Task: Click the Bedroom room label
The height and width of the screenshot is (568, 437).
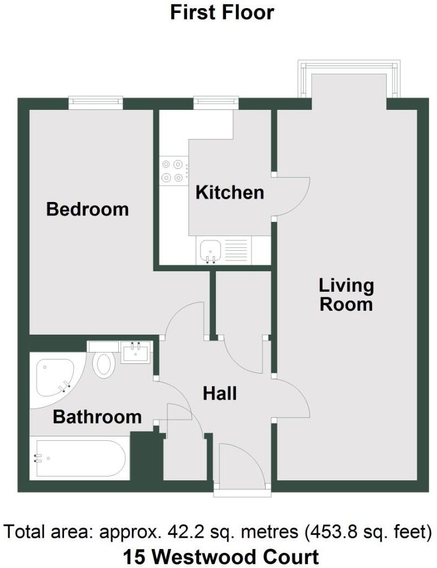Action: (x=87, y=209)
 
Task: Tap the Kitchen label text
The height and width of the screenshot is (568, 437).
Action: (x=229, y=192)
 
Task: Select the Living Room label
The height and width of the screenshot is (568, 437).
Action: (x=346, y=295)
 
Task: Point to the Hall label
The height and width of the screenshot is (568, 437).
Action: (x=220, y=393)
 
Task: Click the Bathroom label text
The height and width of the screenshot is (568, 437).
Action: (x=97, y=417)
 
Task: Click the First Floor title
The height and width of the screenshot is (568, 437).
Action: (x=222, y=12)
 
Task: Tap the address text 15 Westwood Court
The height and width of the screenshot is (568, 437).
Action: (x=221, y=556)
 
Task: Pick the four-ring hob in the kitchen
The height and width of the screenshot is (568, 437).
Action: (x=173, y=170)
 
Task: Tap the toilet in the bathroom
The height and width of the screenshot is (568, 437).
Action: (x=102, y=364)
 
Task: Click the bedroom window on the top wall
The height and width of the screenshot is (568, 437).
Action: (x=95, y=102)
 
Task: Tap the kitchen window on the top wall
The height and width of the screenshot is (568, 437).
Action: (x=216, y=102)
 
